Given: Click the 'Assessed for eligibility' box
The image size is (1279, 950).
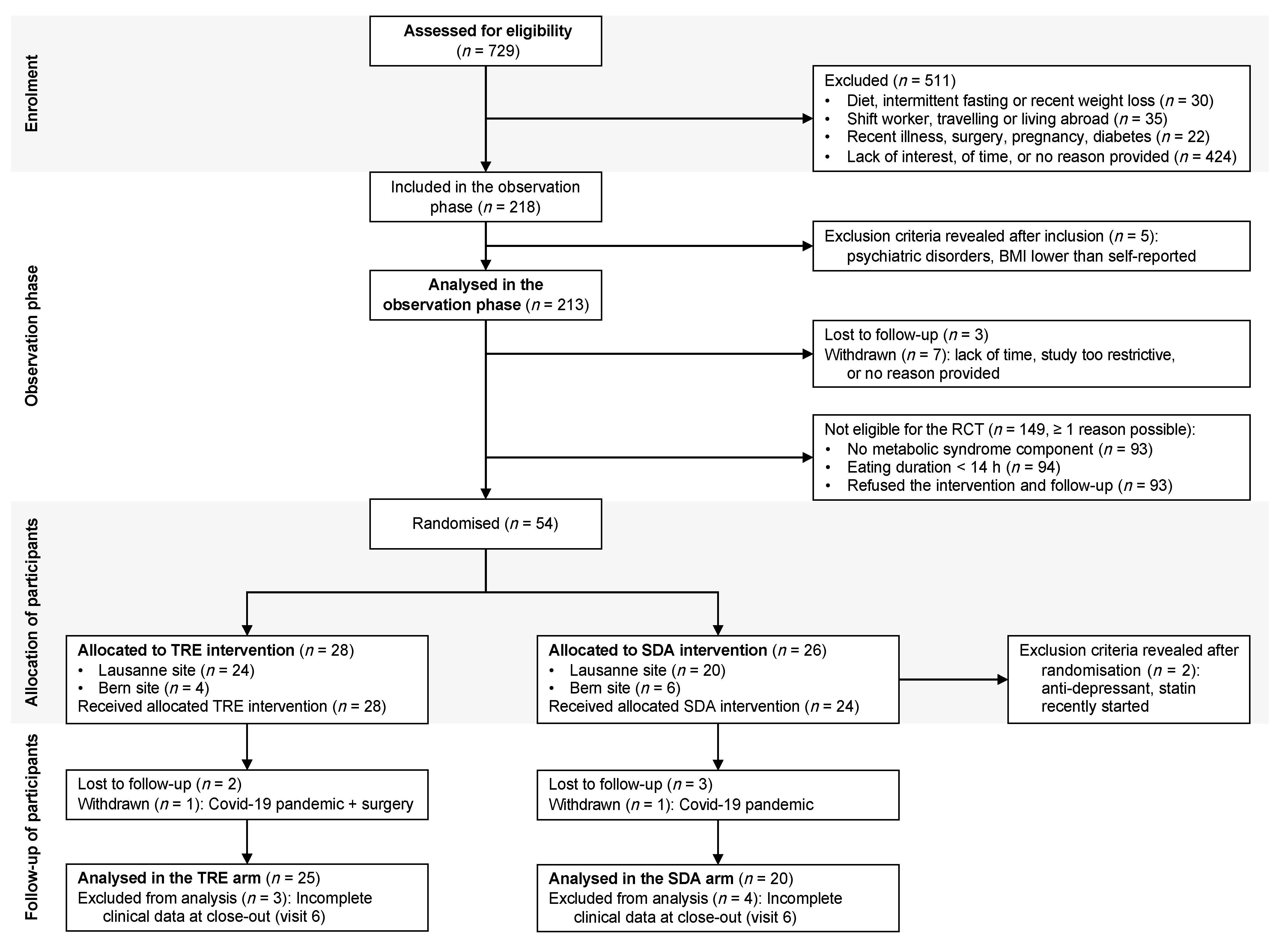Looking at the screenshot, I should point(486,41).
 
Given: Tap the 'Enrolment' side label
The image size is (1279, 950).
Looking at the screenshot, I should point(32,93).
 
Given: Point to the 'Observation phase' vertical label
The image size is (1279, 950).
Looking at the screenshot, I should point(32,336).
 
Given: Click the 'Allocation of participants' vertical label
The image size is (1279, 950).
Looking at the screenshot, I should point(32,613).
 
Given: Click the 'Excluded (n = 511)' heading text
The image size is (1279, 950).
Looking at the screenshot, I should point(890,81).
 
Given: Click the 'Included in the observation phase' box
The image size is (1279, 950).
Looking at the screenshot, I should point(486,197).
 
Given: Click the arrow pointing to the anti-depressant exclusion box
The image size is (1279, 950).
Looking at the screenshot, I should point(1001,680).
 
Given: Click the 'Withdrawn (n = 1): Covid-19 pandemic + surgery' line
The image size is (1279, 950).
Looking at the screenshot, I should point(245,804).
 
